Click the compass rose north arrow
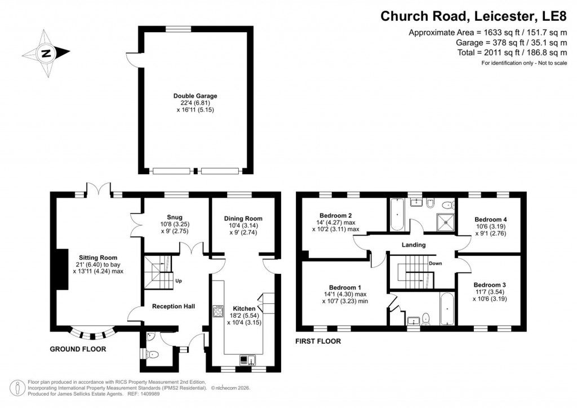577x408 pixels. click(46, 54)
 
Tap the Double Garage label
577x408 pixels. click(195, 96)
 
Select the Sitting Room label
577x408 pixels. click(97, 257)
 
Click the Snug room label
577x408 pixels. click(174, 217)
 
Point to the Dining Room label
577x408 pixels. click(243, 219)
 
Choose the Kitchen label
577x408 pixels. click(244, 308)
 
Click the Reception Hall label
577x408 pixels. click(174, 306)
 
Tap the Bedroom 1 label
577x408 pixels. click(338, 286)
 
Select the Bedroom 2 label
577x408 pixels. click(336, 215)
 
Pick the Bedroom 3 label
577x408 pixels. click(489, 285)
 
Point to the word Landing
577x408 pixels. click(413, 245)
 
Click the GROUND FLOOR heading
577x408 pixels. click(78, 349)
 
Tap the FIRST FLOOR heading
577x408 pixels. click(318, 341)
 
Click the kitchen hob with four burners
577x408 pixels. click(218, 311)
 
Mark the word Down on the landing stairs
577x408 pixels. click(435, 263)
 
